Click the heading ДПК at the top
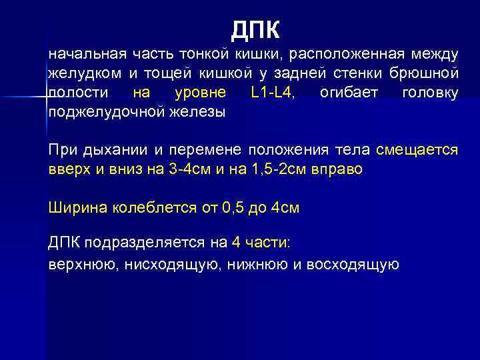pyautogui.click(x=257, y=29)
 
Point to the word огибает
pyautogui.click(x=346, y=92)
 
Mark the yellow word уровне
pyautogui.click(x=199, y=92)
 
